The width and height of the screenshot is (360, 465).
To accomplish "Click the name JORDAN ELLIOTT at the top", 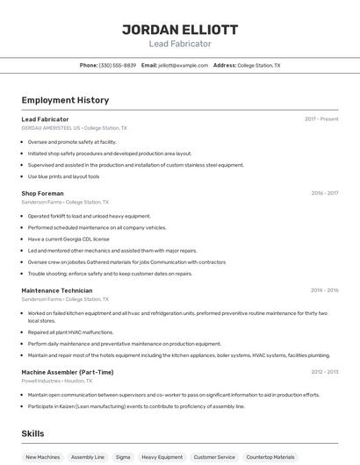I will [180, 29].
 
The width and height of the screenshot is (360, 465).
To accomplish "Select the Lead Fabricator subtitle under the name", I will [180, 43].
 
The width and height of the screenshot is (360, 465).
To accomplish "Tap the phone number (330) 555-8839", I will [118, 66].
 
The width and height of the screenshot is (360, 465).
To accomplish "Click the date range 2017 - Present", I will [321, 119].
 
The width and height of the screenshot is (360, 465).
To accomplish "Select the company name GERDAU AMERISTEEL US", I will [51, 128].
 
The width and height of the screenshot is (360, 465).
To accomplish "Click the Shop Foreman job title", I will [42, 193].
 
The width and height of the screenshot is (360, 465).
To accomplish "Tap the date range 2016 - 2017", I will [324, 193].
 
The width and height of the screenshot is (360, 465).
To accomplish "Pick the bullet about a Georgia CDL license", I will [68, 239].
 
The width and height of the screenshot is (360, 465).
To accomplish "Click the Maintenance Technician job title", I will [56, 290].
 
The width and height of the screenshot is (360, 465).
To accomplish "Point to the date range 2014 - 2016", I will [324, 290].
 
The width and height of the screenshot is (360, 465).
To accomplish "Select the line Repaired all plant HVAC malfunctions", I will [70, 333].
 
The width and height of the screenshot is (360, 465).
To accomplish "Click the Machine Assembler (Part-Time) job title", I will [68, 372].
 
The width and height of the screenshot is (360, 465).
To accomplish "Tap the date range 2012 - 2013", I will [324, 372].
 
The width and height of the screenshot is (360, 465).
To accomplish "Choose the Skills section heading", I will [32, 433].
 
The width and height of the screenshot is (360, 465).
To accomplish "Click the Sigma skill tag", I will [123, 457].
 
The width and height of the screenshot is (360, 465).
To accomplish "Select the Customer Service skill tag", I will [214, 457].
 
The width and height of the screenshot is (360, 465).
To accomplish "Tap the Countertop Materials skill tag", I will [270, 457].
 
